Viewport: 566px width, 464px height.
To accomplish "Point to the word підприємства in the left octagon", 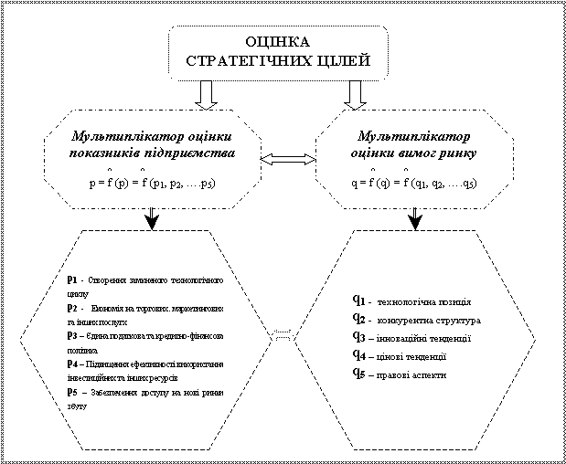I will [194, 153].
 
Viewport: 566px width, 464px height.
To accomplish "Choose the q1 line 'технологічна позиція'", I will [418, 301].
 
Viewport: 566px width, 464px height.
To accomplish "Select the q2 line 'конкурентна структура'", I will [422, 320].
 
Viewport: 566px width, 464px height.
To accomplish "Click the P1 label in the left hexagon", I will [72, 279].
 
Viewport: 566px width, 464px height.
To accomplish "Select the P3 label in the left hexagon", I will [72, 335].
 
